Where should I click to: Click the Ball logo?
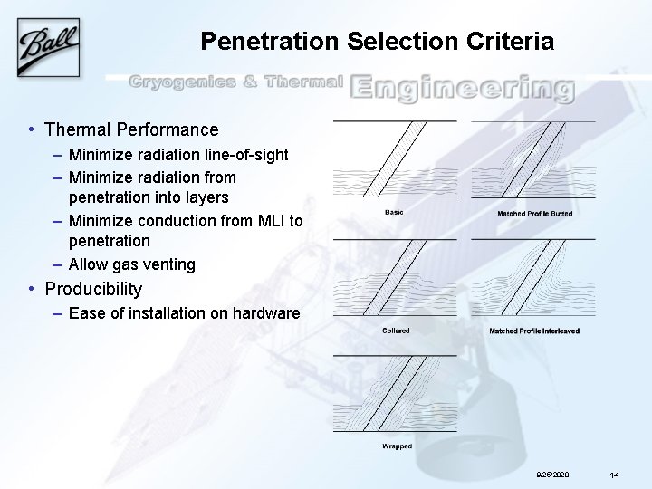51,41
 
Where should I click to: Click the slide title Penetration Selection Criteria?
376,42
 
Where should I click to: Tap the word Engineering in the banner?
462,89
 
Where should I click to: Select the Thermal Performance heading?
131,129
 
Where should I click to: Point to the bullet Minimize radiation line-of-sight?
178,155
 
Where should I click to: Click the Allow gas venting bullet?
131,264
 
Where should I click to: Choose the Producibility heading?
93,289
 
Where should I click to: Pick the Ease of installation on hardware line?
184,313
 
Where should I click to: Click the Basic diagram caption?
395,212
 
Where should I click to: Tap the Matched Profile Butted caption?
534,213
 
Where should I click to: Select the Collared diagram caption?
396,331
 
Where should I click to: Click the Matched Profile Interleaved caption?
534,331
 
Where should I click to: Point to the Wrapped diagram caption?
397,446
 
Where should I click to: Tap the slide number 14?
614,475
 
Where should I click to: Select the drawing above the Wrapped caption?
395,394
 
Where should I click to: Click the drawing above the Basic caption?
395,159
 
